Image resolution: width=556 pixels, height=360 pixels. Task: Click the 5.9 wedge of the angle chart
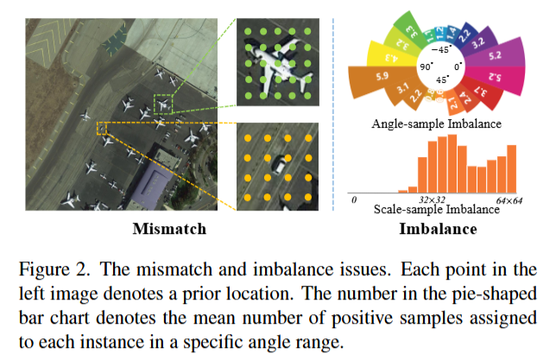pos(369,79)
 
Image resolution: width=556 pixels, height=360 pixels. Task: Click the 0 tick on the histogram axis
pos(354,199)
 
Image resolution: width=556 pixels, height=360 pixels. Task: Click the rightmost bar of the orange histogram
pos(511,169)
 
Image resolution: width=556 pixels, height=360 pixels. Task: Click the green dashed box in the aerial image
pos(163,105)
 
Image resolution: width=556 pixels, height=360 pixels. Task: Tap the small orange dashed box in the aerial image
pos(102,128)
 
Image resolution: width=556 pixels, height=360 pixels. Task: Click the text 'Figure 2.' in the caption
pos(45,262)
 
